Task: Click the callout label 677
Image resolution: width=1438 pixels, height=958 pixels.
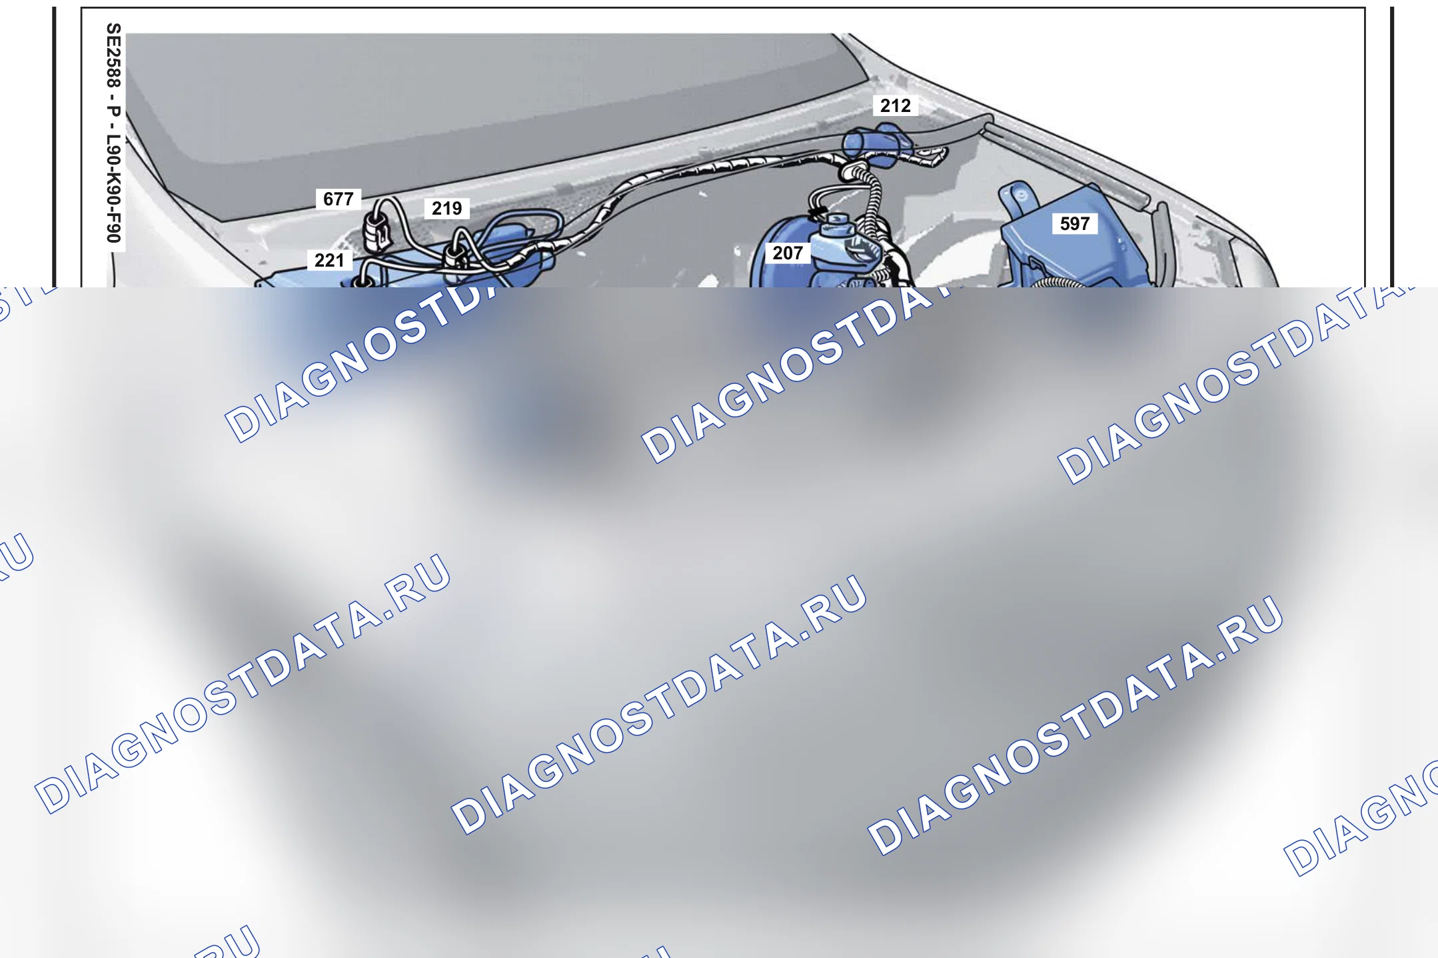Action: click(x=338, y=199)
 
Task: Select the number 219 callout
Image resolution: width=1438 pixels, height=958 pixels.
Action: click(x=446, y=209)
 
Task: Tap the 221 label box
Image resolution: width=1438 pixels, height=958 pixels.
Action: click(x=329, y=260)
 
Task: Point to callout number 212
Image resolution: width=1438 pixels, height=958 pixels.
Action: click(x=895, y=105)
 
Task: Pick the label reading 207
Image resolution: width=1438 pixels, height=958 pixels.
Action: click(x=787, y=253)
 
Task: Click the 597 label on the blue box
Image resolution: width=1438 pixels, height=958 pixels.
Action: click(x=1074, y=223)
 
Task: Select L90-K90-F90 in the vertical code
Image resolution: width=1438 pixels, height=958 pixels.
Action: click(x=114, y=189)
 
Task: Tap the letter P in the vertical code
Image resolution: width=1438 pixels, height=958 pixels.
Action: click(x=114, y=111)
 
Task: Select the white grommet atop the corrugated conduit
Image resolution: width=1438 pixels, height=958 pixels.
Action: click(x=849, y=172)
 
